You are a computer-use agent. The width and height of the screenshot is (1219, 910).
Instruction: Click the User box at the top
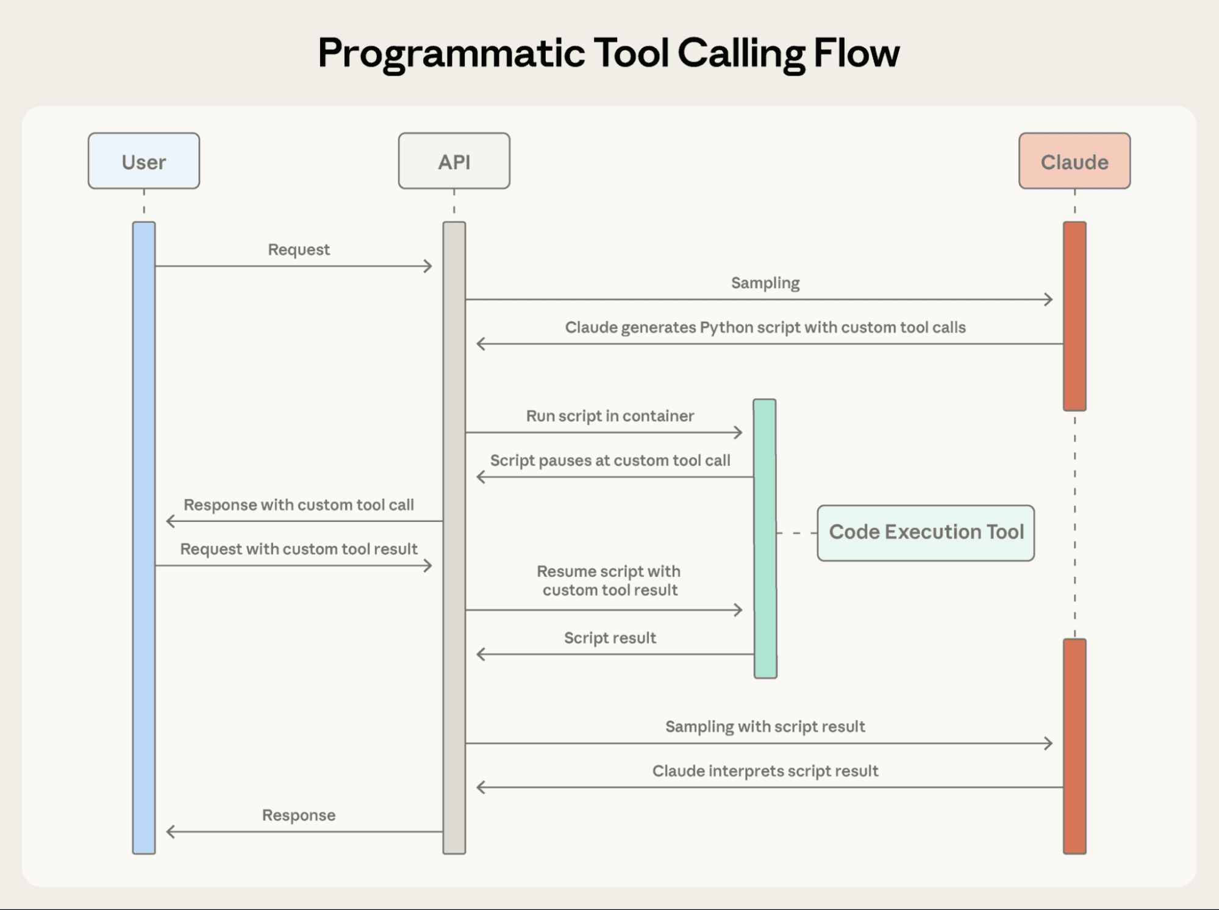(143, 161)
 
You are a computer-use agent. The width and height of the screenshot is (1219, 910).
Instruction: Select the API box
(454, 161)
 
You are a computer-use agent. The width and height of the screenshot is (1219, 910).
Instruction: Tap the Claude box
(1074, 161)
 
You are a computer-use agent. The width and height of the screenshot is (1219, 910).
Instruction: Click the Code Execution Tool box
(925, 532)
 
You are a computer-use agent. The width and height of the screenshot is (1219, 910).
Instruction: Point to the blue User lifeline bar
(144, 537)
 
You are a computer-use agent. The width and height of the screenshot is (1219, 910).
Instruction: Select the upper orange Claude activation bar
(1074, 316)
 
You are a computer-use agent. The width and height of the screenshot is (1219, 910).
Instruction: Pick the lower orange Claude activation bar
(1074, 746)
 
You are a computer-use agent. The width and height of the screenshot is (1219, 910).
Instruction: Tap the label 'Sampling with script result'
(765, 726)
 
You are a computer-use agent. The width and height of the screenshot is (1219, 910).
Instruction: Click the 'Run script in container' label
(610, 416)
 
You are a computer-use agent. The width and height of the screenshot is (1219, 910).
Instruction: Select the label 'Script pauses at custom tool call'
(610, 460)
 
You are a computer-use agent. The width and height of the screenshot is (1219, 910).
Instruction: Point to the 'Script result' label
(610, 638)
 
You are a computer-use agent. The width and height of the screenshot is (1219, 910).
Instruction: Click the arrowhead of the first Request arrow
(429, 266)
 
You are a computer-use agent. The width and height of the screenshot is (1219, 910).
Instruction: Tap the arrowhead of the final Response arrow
(170, 831)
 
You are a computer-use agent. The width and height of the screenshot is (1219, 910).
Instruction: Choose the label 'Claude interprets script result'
(765, 771)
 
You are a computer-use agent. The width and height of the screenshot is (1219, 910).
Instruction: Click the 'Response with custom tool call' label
(299, 505)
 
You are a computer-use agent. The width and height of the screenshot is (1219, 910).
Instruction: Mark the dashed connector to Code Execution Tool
(796, 533)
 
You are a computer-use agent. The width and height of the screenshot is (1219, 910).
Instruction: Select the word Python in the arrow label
(726, 328)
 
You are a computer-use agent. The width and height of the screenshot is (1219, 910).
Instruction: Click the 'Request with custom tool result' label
(299, 549)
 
